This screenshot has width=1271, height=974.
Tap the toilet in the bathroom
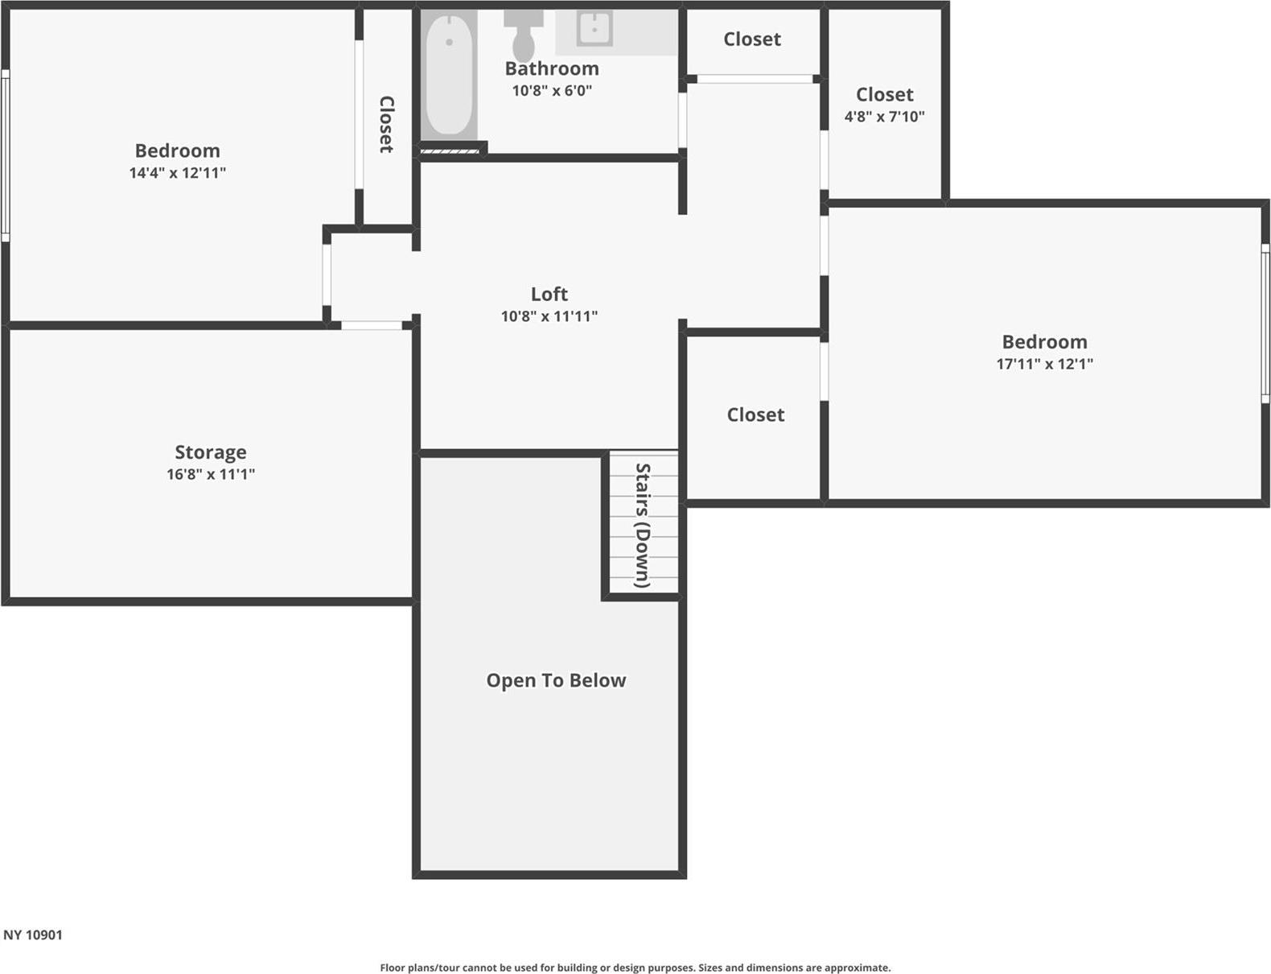click(524, 36)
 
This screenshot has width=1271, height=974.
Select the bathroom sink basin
click(594, 29)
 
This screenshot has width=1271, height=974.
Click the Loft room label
click(549, 294)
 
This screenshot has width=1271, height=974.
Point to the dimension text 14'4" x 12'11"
click(178, 173)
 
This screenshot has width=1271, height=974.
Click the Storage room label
click(211, 452)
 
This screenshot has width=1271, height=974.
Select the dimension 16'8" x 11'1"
click(211, 474)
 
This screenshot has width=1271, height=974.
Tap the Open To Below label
click(556, 680)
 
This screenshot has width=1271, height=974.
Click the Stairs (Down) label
click(643, 525)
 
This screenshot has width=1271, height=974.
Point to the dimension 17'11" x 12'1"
click(1044, 364)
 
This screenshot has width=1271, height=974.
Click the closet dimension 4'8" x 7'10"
click(884, 117)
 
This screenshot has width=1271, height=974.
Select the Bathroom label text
click(552, 69)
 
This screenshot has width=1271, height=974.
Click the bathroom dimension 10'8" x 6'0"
click(552, 90)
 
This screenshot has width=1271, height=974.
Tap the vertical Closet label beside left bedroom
click(387, 124)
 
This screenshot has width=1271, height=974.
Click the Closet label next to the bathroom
click(752, 39)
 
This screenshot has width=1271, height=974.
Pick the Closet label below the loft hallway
click(755, 415)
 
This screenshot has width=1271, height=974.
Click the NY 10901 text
click(33, 935)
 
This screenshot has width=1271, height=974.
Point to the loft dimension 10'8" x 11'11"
click(549, 316)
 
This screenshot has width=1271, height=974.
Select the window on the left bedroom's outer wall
click(5, 155)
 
